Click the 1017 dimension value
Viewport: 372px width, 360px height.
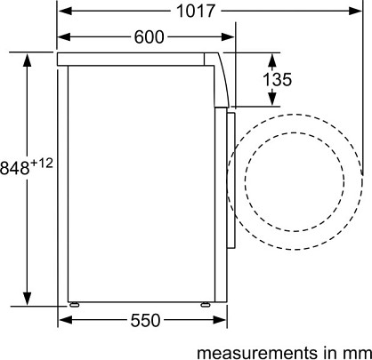coord(196,11)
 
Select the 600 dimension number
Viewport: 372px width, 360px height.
coord(149,37)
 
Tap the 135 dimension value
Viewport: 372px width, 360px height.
coord(278,79)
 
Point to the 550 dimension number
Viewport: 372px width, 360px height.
coord(145,320)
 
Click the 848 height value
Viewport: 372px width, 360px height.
coord(15,168)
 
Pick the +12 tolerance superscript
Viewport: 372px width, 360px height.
coord(42,163)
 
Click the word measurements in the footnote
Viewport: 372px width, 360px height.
coord(257,353)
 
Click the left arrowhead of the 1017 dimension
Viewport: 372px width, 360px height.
coord(65,11)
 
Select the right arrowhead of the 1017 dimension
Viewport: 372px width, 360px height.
coord(356,11)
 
